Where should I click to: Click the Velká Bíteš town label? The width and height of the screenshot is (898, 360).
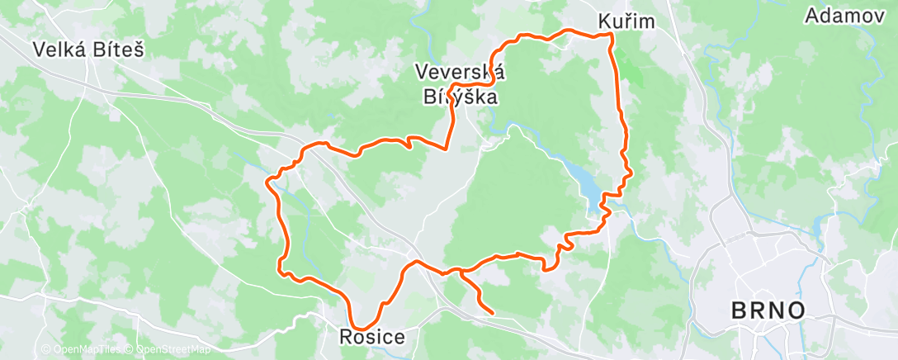[x=89, y=50]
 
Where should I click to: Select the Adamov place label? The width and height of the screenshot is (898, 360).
[x=844, y=16]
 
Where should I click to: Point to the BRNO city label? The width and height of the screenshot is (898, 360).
[x=768, y=311]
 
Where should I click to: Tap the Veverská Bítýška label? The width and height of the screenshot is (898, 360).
[x=461, y=84]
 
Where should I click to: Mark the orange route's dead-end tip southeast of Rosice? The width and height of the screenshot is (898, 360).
[x=492, y=313]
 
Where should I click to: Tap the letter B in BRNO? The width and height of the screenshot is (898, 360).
[x=738, y=311]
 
